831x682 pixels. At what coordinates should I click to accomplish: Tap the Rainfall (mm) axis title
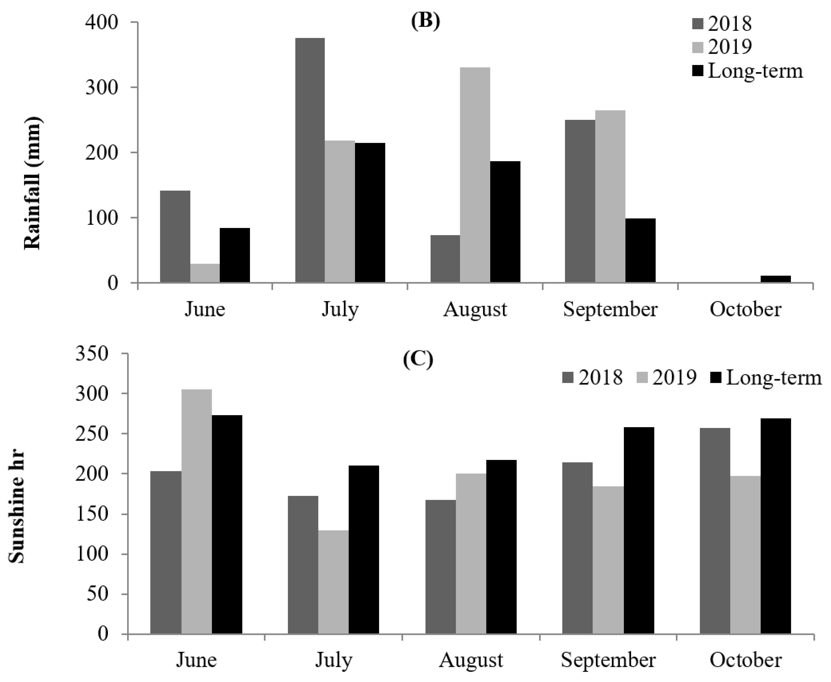pos(33,183)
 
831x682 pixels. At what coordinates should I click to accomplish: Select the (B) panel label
pos(425,21)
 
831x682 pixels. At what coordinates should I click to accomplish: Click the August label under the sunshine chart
pos(471,660)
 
